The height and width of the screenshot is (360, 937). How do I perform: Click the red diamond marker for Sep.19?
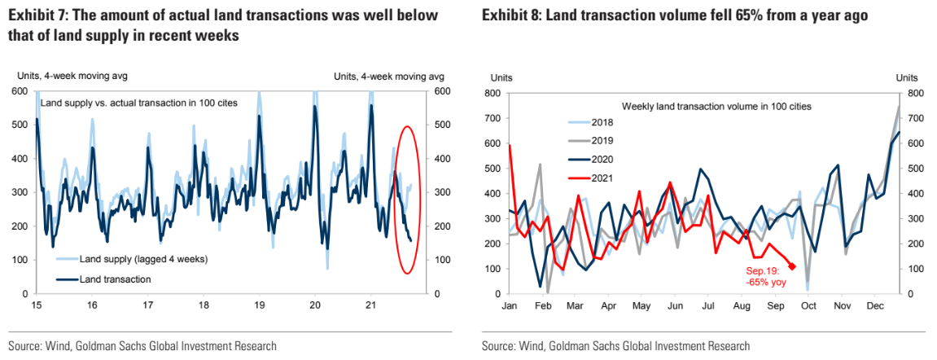tap(792, 266)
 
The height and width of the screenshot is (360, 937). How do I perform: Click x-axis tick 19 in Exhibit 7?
tap(259, 305)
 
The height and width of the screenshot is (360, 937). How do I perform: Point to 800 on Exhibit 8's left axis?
tap(491, 94)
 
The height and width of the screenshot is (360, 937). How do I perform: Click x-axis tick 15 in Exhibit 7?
tap(37, 305)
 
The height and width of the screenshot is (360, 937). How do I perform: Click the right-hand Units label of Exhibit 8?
tap(907, 77)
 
